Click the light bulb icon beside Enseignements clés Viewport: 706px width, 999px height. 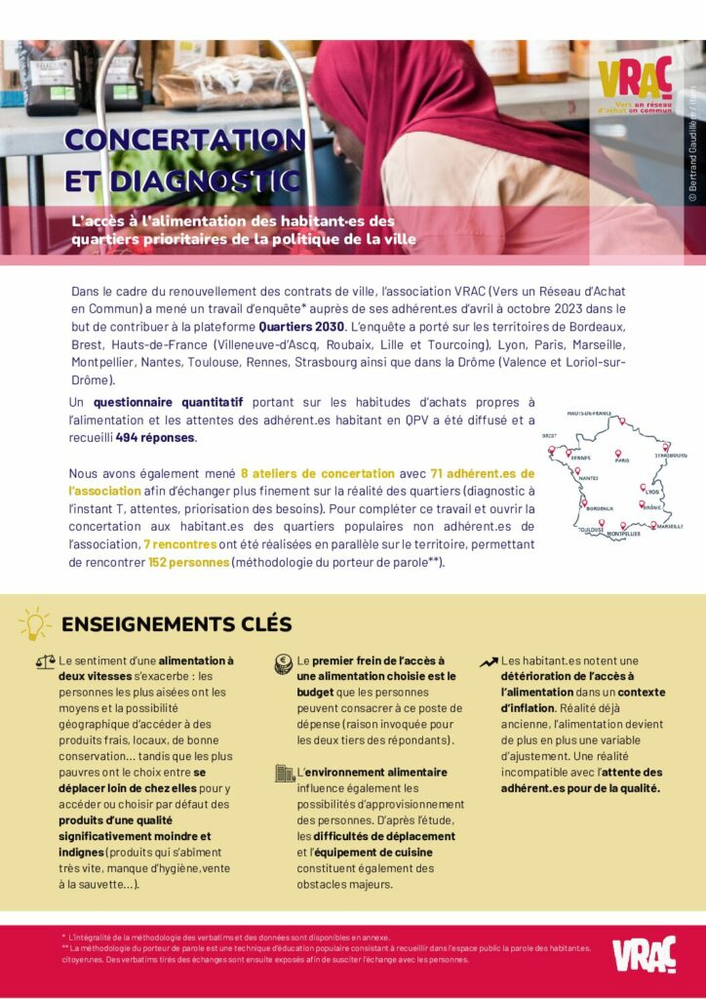[x=34, y=623]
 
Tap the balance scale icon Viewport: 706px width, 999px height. [x=45, y=660]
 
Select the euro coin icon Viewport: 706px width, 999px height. [x=285, y=660]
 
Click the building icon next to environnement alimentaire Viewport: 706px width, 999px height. [x=285, y=773]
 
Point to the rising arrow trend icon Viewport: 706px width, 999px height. [x=489, y=661]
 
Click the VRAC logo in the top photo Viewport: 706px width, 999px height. [x=634, y=79]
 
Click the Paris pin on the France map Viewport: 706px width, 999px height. [x=617, y=454]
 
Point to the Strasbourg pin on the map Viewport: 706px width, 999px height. [x=666, y=448]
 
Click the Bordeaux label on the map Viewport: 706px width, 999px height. [x=599, y=508]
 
